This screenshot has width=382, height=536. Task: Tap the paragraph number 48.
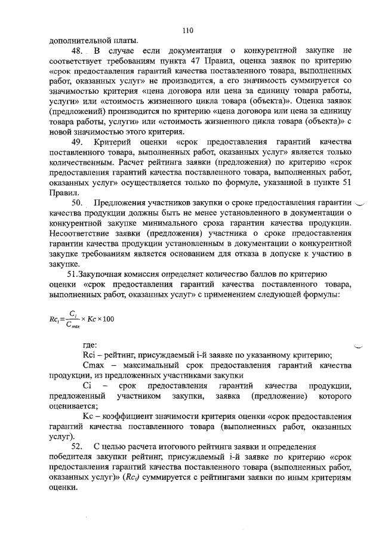(78, 51)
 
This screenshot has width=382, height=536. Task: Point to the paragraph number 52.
(78, 447)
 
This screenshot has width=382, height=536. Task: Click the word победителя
(75, 457)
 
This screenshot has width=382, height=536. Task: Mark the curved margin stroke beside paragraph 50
(363, 202)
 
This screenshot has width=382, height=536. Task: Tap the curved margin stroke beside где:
(360, 346)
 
